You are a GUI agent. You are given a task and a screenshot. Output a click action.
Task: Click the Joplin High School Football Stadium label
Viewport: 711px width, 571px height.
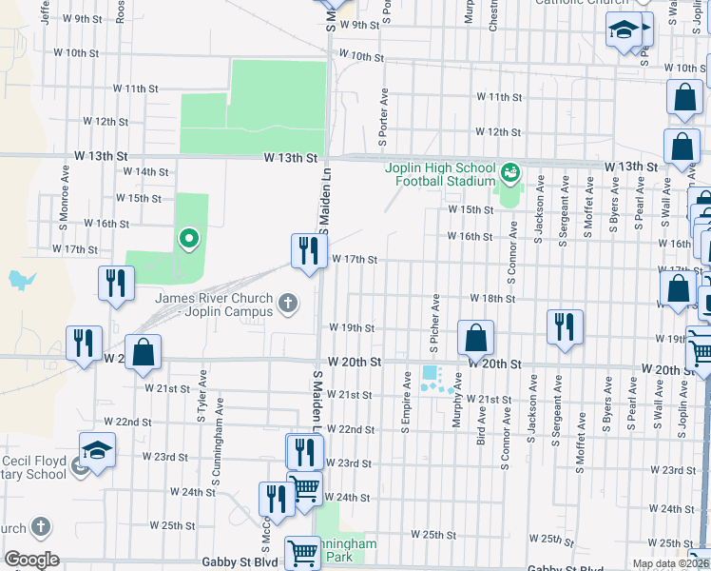[x=440, y=174]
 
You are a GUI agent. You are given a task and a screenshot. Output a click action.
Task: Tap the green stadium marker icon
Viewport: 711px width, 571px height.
[x=510, y=172]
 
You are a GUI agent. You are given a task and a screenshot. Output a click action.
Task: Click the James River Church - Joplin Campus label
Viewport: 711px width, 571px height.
[x=214, y=305]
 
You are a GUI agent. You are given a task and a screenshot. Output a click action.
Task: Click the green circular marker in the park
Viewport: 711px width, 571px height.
[x=189, y=239]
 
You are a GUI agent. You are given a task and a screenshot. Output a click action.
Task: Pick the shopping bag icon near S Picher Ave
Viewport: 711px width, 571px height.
[x=474, y=338]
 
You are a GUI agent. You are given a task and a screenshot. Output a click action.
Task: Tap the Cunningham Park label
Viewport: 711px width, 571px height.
[x=347, y=550]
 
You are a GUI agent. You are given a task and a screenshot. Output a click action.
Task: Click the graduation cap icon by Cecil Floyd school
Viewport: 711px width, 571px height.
[x=96, y=450]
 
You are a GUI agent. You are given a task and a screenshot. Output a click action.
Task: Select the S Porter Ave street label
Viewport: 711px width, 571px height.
[x=385, y=117]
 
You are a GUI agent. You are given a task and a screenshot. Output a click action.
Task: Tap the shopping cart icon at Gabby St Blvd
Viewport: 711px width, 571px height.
[x=302, y=552]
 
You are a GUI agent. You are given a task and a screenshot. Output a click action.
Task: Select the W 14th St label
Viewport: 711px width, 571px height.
[x=151, y=171]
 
